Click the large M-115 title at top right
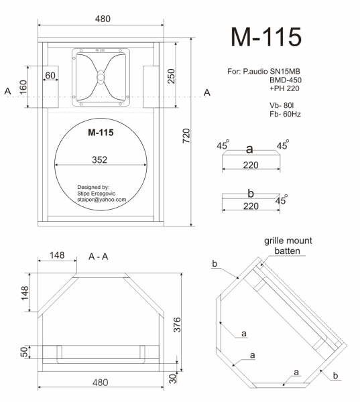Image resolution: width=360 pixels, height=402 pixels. [x=266, y=37]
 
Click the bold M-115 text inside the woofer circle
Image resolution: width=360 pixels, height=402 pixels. [x=101, y=132]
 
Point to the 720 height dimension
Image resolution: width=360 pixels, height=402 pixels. [x=186, y=135]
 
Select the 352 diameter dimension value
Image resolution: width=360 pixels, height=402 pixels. [x=100, y=159]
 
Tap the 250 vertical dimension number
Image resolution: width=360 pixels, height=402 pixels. [x=171, y=76]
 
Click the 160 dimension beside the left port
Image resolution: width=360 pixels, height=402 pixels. [x=23, y=87]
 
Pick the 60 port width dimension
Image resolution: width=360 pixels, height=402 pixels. [x=50, y=75]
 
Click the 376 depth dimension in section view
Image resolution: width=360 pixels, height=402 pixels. [x=177, y=324]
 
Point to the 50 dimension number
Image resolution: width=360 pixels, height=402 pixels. [x=24, y=352]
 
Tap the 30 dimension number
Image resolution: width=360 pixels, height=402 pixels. [x=173, y=379]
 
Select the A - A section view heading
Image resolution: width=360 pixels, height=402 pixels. [x=99, y=257]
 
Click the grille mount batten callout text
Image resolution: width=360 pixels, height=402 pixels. [x=288, y=246]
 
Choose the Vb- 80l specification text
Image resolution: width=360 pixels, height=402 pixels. [x=282, y=105]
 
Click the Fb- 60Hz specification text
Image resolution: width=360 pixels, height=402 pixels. [x=285, y=114]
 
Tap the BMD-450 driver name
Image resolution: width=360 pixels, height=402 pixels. [x=286, y=80]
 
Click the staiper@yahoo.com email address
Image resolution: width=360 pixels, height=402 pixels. [x=102, y=200]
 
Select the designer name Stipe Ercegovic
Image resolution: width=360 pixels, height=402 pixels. [x=97, y=194]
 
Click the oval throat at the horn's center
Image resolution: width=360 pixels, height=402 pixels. [x=101, y=77]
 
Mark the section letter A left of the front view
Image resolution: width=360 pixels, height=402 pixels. [x=7, y=91]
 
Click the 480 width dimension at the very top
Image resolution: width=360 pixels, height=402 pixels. [x=103, y=19]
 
